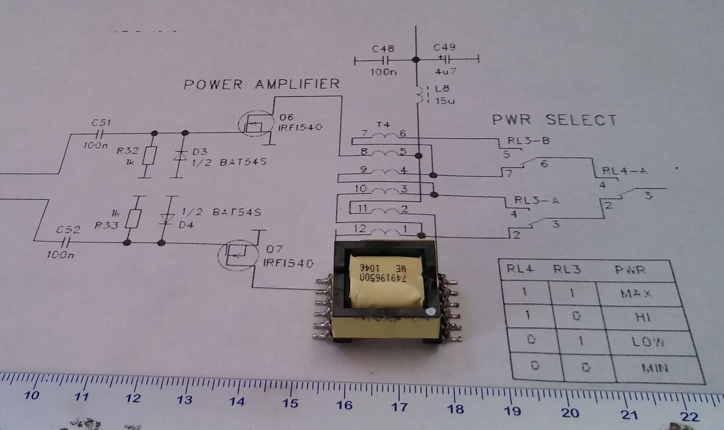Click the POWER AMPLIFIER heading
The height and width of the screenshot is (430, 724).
pyautogui.click(x=262, y=84)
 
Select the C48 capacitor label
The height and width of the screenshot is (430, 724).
pyautogui.click(x=383, y=49)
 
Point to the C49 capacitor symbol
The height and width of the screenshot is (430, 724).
pyautogui.click(x=445, y=60)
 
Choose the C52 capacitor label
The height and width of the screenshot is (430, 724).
pyautogui.click(x=68, y=230)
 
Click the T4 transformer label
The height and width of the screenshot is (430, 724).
pyautogui.click(x=383, y=125)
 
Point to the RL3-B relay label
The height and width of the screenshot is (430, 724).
pyautogui.click(x=528, y=141)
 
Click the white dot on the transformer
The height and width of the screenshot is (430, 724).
pyautogui.click(x=430, y=311)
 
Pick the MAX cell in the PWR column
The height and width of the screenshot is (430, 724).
pyautogui.click(x=636, y=294)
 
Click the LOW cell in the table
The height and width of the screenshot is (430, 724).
pyautogui.click(x=649, y=343)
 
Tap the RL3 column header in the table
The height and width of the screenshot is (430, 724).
pyautogui.click(x=567, y=269)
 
